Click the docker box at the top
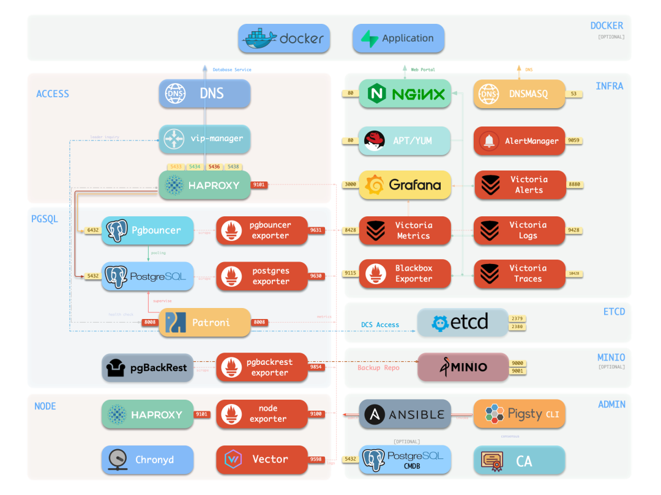click(x=284, y=38)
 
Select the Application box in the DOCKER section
click(x=398, y=38)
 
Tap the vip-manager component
click(x=204, y=139)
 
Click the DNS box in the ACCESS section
click(x=204, y=94)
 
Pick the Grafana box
click(x=405, y=185)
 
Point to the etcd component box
click(x=462, y=323)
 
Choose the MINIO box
click(x=463, y=367)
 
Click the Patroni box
click(x=204, y=322)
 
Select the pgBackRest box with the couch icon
click(x=148, y=369)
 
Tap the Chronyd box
click(x=148, y=460)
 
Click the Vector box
click(x=261, y=460)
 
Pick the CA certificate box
click(x=520, y=461)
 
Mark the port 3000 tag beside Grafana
click(x=350, y=185)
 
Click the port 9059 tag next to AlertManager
click(x=574, y=141)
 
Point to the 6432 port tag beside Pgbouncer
click(x=92, y=230)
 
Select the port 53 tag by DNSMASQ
click(x=573, y=94)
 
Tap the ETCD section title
click(x=614, y=312)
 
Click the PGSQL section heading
click(x=45, y=219)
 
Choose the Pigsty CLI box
click(x=520, y=414)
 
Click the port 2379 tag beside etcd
click(x=518, y=318)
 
